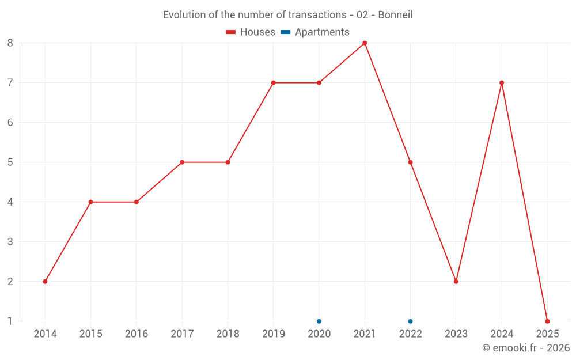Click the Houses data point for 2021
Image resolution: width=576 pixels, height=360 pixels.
[x=365, y=43]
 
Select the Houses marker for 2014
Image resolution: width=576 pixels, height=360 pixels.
[x=45, y=282]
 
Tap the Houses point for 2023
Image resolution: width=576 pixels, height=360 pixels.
[x=456, y=282]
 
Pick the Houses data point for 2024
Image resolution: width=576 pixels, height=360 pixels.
[x=502, y=83]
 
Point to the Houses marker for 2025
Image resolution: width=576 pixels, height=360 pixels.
[x=547, y=321]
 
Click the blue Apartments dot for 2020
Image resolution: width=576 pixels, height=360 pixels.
[x=319, y=321]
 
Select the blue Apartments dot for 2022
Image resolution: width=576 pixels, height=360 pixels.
[x=410, y=321]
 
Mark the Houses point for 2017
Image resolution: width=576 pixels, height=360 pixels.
[x=182, y=162]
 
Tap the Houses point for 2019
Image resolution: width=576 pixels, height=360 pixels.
[x=274, y=83]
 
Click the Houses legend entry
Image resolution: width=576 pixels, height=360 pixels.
[x=251, y=32]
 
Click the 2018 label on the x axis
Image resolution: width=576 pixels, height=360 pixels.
[x=228, y=334]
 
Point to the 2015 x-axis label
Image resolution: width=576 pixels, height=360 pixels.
[x=90, y=334]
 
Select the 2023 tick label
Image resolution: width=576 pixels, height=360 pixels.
[x=456, y=334]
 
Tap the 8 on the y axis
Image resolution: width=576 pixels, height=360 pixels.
[x=10, y=43]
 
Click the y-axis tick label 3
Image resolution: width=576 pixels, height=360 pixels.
[x=10, y=242]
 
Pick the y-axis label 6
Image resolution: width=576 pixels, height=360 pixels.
[x=10, y=123]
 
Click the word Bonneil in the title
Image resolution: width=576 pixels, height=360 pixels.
[x=396, y=15]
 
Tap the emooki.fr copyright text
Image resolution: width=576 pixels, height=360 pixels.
[x=526, y=348]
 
